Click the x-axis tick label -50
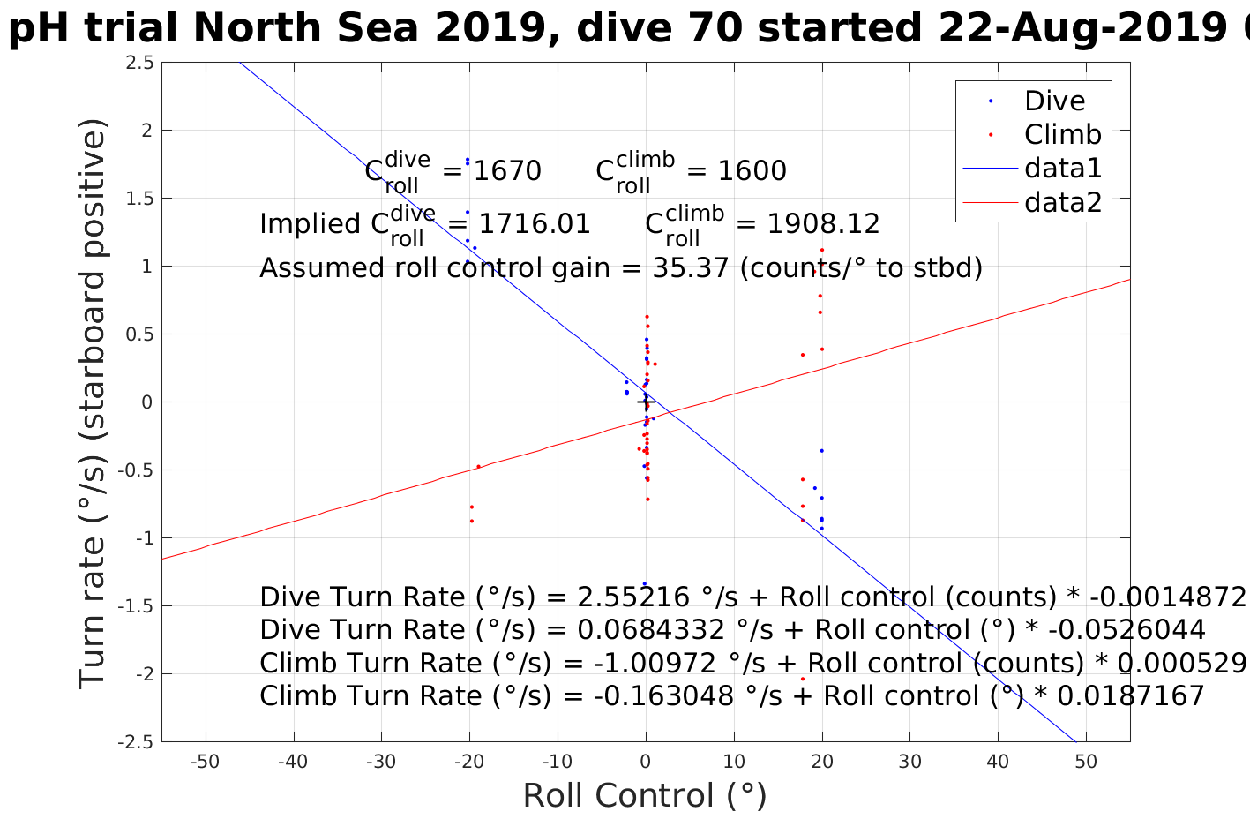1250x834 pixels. tap(206, 762)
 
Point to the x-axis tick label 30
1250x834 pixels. tap(910, 762)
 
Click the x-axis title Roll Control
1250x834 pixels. tap(645, 795)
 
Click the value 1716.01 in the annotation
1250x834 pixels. tap(532, 224)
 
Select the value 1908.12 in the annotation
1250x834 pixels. tap(822, 224)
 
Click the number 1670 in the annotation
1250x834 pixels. tap(507, 171)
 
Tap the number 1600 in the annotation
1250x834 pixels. tap(752, 171)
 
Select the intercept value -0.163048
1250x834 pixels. tap(663, 696)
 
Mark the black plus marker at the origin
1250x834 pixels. tap(646, 402)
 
